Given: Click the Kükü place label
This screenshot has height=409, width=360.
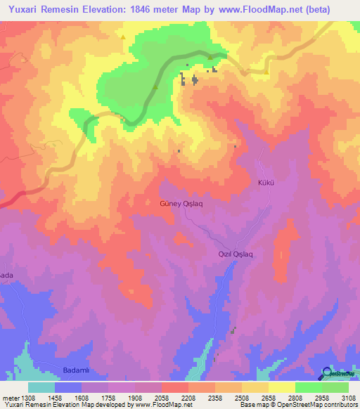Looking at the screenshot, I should [265, 183].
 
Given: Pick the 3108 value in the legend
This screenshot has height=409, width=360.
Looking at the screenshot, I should [348, 397].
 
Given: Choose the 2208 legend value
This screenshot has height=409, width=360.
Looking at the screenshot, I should [188, 397].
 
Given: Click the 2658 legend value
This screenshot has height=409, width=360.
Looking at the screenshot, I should [268, 397].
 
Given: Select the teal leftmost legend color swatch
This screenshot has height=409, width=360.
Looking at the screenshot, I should [41, 387].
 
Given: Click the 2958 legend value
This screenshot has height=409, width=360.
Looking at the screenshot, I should [321, 397].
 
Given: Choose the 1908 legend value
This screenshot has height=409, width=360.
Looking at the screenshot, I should [135, 397].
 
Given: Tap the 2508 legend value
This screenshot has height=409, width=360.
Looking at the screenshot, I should [241, 397].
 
